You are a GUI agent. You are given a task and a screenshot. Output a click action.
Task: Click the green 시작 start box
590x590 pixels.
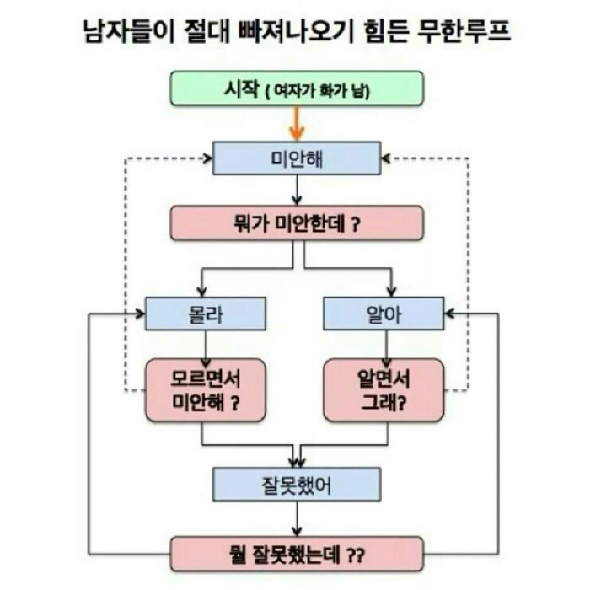(295, 88)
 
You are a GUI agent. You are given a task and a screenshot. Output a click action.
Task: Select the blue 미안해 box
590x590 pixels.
(295, 158)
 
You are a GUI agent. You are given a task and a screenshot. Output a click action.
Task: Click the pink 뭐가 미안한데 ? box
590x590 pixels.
(295, 223)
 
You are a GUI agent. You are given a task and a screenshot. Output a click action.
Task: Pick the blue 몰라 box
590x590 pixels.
(206, 313)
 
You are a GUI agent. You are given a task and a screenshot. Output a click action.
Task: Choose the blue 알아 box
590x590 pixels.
(384, 313)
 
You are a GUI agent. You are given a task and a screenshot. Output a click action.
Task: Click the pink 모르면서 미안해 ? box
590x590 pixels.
(206, 389)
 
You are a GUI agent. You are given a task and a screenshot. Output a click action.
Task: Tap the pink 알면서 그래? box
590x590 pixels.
(384, 389)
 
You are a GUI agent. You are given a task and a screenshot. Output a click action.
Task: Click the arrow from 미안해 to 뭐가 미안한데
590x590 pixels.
(296, 190)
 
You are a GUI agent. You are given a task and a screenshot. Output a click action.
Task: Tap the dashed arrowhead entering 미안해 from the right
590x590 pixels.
(386, 158)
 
